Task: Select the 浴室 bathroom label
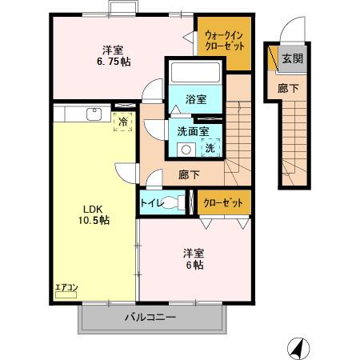pos(196,99)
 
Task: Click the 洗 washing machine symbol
pos(210,147)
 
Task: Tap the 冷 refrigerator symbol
pos(123,122)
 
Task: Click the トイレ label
pos(152,203)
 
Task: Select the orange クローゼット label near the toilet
pos(222,203)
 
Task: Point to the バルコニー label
pos(149,318)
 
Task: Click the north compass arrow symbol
pos(295,346)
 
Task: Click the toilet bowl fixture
pos(175,203)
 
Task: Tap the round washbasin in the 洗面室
pos(186,149)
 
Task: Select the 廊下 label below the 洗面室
pos(190,174)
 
